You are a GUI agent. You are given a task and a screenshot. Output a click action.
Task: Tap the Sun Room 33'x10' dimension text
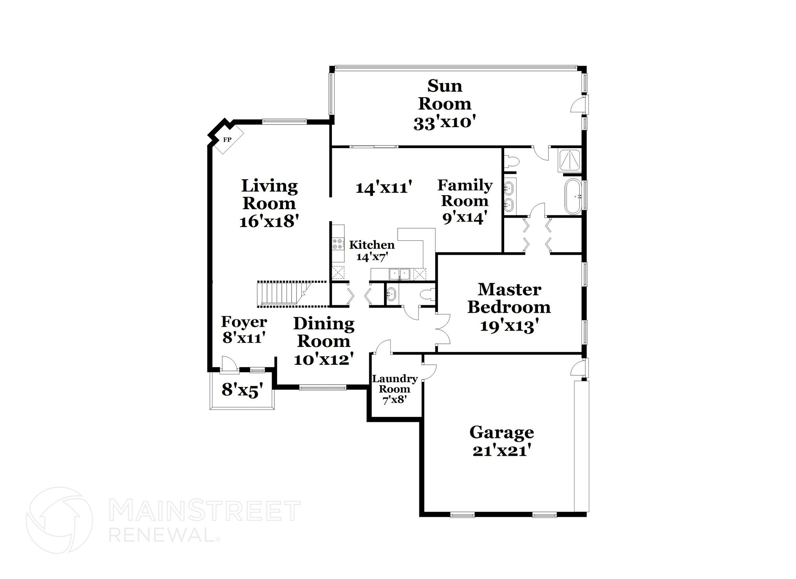coord(445,123)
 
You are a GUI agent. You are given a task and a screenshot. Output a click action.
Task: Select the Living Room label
coord(269,194)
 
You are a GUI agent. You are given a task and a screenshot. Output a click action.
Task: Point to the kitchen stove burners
coord(338,244)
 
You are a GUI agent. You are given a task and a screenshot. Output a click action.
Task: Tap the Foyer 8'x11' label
coord(244,329)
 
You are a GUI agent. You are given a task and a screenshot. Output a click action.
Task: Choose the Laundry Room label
coord(395,384)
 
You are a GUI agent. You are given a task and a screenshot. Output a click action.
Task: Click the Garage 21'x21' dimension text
coord(502,451)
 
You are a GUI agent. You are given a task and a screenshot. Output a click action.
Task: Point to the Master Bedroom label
coord(509,298)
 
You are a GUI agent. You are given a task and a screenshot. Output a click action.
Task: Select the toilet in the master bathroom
coord(510,161)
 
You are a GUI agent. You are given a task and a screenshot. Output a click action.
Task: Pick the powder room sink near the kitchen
coord(391,294)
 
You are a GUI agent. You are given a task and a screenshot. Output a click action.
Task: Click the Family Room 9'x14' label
coord(465,201)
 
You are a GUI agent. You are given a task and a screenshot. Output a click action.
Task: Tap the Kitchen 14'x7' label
coord(372,250)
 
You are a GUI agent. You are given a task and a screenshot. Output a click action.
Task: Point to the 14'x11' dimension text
coord(384,188)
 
